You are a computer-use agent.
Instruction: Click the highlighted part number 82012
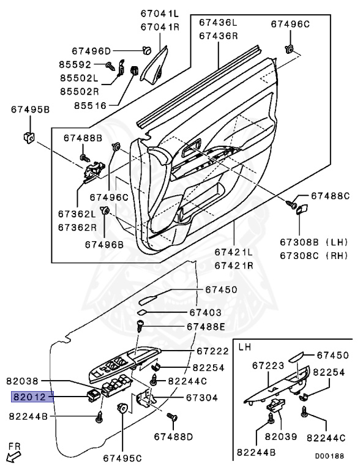31,397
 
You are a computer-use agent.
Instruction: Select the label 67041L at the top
159,13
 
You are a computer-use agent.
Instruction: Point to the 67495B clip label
30,110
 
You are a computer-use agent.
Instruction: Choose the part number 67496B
104,244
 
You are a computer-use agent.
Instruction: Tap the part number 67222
213,351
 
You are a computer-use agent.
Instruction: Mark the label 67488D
173,436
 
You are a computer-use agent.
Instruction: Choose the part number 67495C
122,457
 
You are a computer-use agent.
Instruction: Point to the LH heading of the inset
244,346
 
